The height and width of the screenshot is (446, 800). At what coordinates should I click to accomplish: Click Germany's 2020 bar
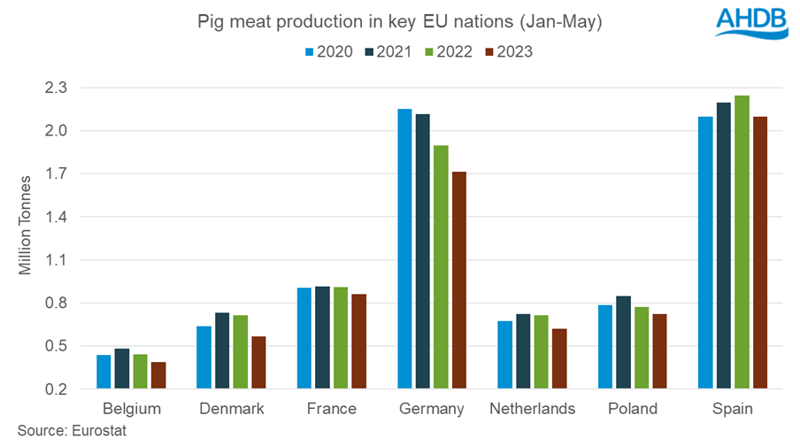(404, 249)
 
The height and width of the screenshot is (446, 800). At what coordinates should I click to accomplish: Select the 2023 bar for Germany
(460, 281)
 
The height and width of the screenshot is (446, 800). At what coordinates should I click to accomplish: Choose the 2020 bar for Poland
(604, 347)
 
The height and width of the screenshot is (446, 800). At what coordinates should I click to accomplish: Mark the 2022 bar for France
(341, 338)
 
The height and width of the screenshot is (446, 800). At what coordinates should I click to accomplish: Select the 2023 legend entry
(509, 50)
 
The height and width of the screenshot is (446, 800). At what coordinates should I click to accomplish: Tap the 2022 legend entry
(449, 50)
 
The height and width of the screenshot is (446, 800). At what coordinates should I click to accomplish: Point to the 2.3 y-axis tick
(67, 88)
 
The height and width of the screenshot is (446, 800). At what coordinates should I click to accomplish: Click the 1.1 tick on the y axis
(67, 260)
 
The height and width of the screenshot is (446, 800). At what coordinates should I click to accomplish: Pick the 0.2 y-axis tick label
(67, 389)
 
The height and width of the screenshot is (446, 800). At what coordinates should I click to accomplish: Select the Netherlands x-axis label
(532, 409)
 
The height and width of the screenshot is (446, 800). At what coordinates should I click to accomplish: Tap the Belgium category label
(131, 409)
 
